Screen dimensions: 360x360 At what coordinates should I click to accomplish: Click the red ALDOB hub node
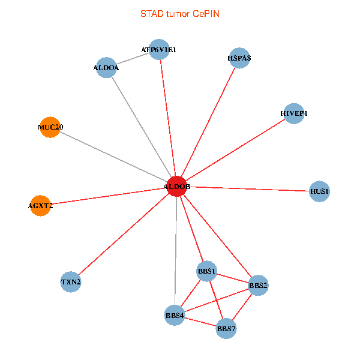point(176,187)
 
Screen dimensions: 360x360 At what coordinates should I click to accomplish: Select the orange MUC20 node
point(50,127)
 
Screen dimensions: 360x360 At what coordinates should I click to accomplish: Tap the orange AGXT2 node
point(40,206)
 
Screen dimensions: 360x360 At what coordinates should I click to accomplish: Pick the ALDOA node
point(106,68)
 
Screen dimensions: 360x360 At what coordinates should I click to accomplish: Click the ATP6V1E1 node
point(159,50)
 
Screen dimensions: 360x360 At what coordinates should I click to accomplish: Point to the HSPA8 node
point(239,58)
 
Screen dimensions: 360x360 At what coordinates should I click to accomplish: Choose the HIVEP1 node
point(293,113)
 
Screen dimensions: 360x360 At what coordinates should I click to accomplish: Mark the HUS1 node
point(319,191)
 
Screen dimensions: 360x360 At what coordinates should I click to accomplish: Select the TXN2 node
point(71,281)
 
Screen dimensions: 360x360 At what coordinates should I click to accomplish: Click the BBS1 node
point(207,271)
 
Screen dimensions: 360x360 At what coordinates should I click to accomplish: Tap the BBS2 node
point(258,286)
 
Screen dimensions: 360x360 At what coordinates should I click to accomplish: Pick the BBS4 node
point(175,315)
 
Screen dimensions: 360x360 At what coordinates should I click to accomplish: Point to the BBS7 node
point(226,328)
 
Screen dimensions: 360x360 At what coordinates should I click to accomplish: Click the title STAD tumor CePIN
point(180,13)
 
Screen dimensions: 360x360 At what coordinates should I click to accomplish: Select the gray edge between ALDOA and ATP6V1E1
point(133,59)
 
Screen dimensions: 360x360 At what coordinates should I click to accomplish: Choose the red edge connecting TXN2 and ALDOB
point(124,234)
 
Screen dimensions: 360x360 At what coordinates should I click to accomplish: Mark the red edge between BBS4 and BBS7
point(200,322)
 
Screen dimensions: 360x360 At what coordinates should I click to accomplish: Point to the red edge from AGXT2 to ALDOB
point(108,196)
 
